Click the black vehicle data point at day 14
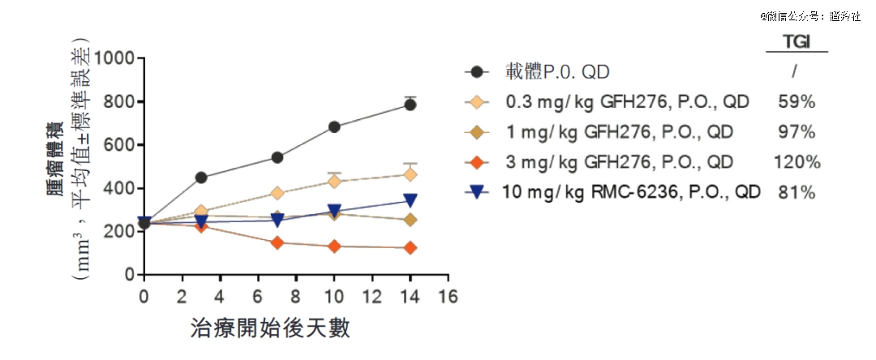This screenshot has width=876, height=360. point(410,105)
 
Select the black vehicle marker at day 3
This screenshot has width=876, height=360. point(201,178)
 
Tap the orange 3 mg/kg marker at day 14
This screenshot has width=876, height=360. point(410,247)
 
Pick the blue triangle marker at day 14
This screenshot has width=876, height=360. point(410,200)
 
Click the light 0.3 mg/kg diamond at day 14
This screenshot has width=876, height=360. point(410,174)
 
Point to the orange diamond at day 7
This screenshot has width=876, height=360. point(277,242)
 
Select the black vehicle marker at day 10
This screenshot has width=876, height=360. point(333,127)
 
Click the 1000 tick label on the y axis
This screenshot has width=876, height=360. point(114,58)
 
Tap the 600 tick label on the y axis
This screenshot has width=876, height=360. point(119,145)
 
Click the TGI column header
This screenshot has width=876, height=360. point(797,41)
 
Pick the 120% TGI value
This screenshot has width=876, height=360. point(797,162)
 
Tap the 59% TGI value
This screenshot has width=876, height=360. point(797,102)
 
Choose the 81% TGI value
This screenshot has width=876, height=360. point(797,193)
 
